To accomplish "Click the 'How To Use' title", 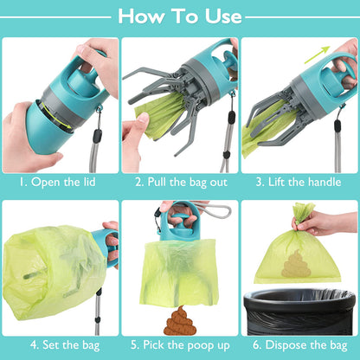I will click(180, 16).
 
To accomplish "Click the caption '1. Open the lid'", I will click(60, 183).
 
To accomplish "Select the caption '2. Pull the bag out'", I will click(180, 183).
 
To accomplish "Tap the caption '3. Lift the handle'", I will click(299, 183).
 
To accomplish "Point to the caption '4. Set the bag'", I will click(60, 344).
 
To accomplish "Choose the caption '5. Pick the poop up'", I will click(180, 344).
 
